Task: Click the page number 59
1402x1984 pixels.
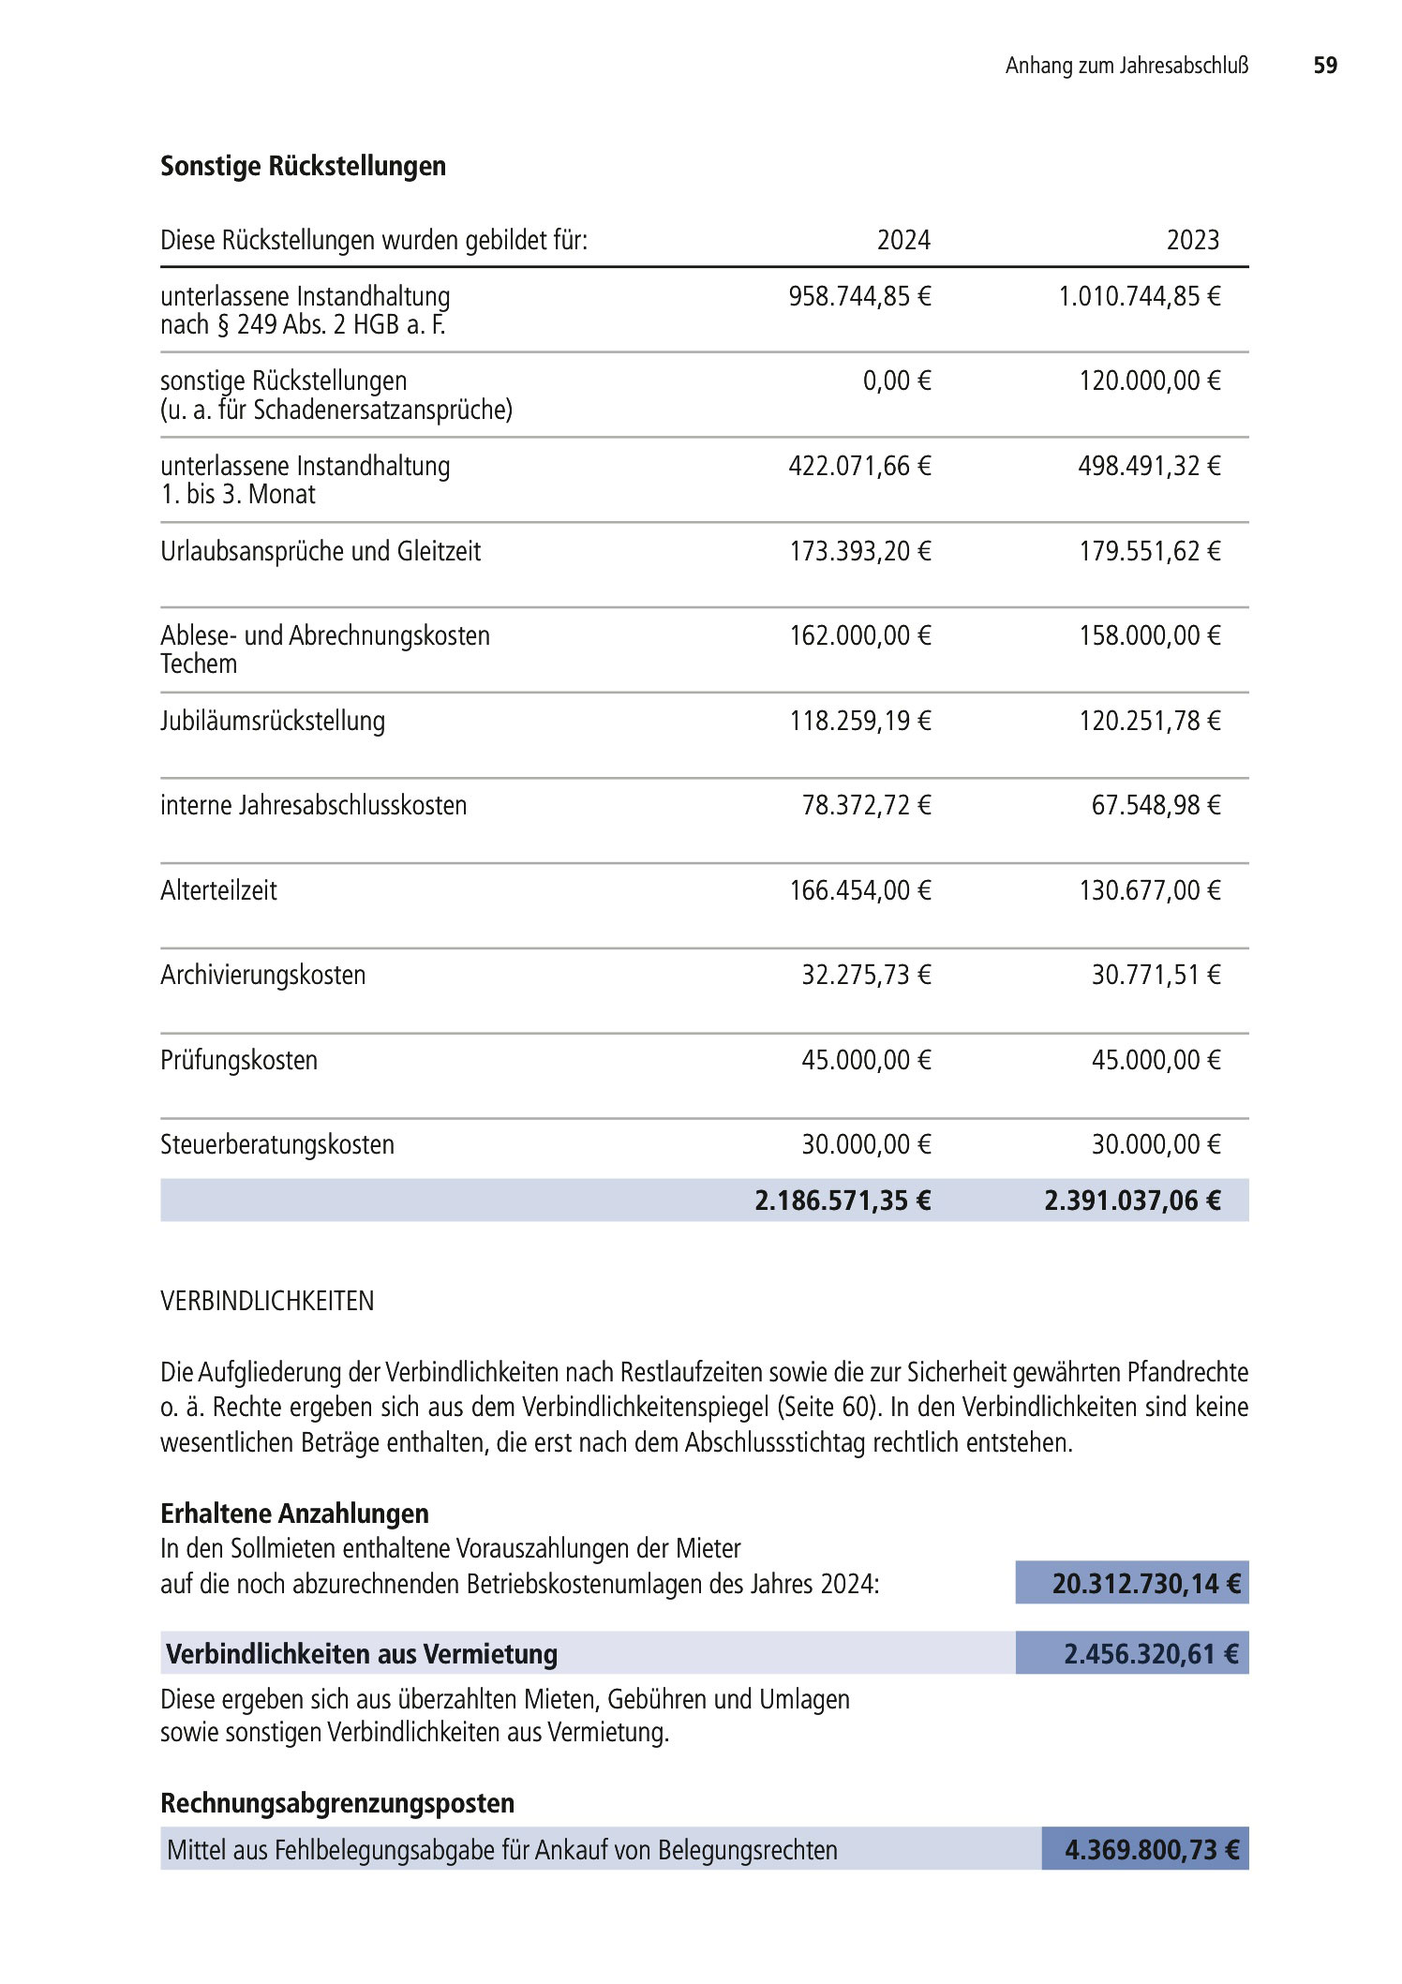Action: (x=1324, y=66)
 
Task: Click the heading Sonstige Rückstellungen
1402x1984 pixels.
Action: (x=303, y=166)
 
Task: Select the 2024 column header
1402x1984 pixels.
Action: (x=902, y=241)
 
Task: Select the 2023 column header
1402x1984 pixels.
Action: (x=1192, y=241)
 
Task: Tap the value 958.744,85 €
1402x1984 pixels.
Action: (x=859, y=297)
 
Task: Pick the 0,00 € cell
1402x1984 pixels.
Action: (x=897, y=381)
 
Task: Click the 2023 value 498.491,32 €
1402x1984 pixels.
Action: (x=1149, y=467)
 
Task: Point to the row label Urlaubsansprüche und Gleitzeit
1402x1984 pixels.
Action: (x=321, y=551)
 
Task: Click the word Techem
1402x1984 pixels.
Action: (x=199, y=664)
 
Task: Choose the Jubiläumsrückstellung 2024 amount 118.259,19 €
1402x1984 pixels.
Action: (x=859, y=722)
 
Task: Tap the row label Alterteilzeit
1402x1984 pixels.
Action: (x=218, y=890)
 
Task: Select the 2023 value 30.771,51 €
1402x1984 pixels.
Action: (x=1156, y=976)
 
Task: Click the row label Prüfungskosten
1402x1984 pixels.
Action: (x=239, y=1061)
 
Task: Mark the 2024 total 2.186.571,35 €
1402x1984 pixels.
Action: (x=843, y=1201)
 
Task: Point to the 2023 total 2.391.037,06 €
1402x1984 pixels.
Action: (x=1132, y=1201)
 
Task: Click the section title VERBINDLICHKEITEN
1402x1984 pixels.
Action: (x=267, y=1301)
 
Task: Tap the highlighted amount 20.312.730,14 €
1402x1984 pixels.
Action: (x=1145, y=1584)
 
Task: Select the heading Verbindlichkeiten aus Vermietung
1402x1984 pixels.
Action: (x=362, y=1654)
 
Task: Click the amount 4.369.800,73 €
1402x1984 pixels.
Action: (x=1151, y=1850)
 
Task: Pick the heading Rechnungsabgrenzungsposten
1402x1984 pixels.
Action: (x=337, y=1803)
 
